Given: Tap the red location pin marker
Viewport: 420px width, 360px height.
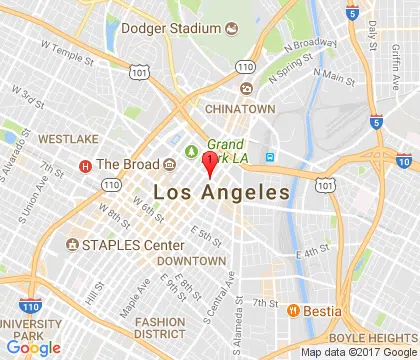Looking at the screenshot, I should click(x=208, y=164).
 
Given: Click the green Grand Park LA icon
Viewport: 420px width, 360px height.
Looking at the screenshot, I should click(x=191, y=152).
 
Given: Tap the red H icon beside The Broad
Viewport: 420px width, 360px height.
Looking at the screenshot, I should click(x=86, y=165).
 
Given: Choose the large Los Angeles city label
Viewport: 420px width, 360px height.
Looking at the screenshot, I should click(x=221, y=192).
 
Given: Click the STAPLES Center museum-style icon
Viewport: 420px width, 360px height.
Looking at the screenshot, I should click(x=72, y=245).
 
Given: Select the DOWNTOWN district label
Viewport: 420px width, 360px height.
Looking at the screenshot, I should click(x=191, y=260).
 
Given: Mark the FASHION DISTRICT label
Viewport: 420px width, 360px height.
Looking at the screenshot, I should click(x=160, y=327).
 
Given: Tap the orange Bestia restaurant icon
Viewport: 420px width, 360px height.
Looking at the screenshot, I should click(x=294, y=311).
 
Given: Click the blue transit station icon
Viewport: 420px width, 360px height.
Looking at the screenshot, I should click(x=269, y=156).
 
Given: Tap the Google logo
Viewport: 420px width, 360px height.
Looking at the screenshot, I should click(x=32, y=347).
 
